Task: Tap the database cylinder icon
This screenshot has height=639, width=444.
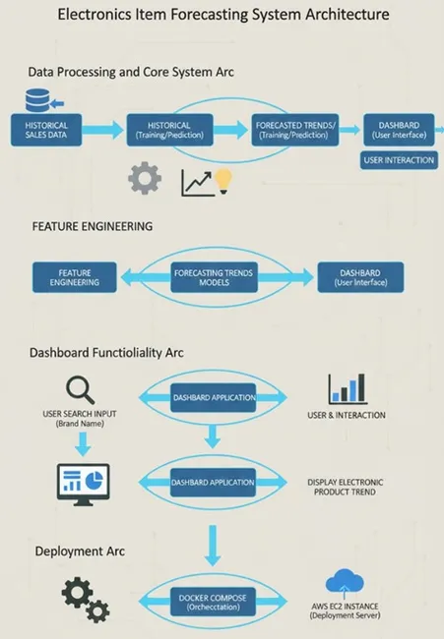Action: coord(38,100)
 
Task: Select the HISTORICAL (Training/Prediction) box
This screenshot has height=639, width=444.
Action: coord(168,130)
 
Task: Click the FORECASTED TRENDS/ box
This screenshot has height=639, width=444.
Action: coord(294,130)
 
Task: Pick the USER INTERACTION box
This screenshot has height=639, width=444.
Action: coord(398,159)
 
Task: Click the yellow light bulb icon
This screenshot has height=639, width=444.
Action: coord(224,180)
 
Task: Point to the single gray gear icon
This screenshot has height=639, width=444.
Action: coord(145,179)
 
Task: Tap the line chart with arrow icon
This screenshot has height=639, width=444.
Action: coord(197,182)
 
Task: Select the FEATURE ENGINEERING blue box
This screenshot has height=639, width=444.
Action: coord(74,276)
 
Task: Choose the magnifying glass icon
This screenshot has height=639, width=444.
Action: coord(79,389)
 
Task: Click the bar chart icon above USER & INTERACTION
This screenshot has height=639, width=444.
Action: coord(348,388)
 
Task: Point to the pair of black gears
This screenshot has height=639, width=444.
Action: coord(85,600)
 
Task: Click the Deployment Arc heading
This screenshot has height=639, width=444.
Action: coord(80,552)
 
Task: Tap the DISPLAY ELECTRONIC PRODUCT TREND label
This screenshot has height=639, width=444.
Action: coord(344,486)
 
